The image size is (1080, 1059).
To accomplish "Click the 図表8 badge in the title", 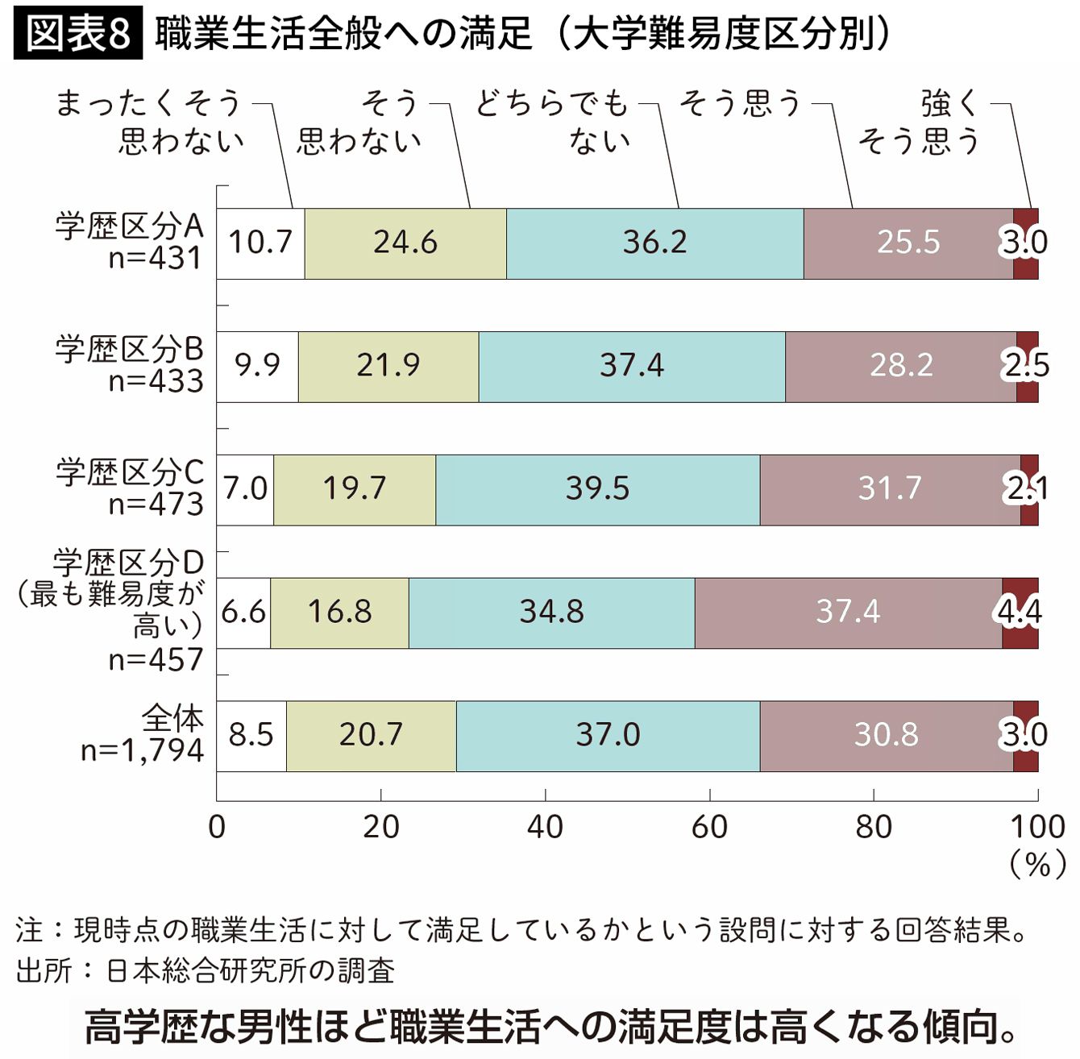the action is (x=78, y=32).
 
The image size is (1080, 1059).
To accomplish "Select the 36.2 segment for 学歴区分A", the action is (x=654, y=243).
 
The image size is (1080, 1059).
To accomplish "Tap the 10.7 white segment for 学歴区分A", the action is (x=260, y=243).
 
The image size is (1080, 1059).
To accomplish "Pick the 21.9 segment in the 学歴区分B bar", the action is (x=388, y=367).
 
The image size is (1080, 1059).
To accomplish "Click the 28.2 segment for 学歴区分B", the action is (x=900, y=367).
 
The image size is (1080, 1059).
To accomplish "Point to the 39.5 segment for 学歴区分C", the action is (x=597, y=490).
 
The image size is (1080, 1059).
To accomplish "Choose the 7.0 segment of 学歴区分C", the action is (x=246, y=490).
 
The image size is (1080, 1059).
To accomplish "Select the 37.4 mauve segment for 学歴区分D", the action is (x=848, y=613).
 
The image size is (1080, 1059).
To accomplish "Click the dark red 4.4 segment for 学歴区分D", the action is (x=1020, y=613).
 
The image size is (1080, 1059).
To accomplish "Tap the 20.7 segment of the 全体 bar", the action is (x=371, y=736).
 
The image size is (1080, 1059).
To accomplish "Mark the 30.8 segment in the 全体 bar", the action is (x=887, y=736).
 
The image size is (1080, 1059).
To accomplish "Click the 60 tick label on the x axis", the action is (x=709, y=827).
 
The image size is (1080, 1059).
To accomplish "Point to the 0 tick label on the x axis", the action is (x=217, y=827).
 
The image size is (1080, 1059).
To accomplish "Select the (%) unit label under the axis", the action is (x=1037, y=866).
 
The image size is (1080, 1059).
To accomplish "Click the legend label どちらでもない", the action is (x=552, y=123).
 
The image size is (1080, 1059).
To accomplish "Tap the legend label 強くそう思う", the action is (x=919, y=123).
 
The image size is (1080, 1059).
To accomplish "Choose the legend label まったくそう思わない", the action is (x=149, y=123).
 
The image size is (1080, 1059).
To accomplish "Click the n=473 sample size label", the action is (x=156, y=504).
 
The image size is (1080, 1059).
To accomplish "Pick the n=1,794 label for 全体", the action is (x=143, y=750).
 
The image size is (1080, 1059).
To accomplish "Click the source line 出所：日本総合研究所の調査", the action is (x=206, y=971).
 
